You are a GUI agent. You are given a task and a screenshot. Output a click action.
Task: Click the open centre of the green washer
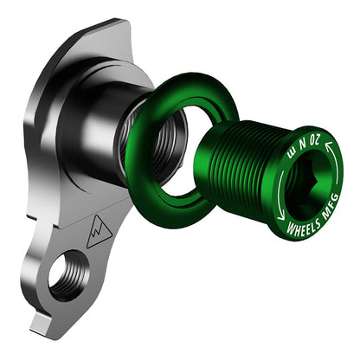pos(177,156)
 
